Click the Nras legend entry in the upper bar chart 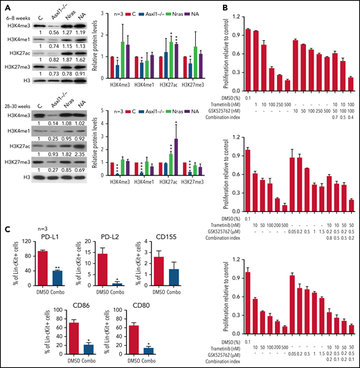pyautogui.click(x=195, y=13)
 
